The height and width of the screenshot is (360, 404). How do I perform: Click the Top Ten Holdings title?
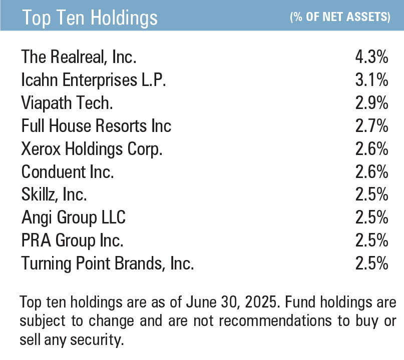click(x=90, y=18)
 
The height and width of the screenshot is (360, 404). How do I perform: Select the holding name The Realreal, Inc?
click(x=79, y=57)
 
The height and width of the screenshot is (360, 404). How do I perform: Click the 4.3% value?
click(x=371, y=57)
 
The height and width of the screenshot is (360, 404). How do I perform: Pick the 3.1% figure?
click(x=371, y=80)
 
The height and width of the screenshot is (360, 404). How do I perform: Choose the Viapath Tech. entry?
click(x=67, y=103)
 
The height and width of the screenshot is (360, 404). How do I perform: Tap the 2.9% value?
click(x=371, y=103)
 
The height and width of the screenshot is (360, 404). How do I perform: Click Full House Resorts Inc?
click(x=96, y=126)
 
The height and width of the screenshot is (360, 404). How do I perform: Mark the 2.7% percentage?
click(x=371, y=126)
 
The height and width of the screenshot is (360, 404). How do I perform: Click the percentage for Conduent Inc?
click(x=371, y=171)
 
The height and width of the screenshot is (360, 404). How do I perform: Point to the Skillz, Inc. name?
click(x=54, y=194)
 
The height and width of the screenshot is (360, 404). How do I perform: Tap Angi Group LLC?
click(x=73, y=217)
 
